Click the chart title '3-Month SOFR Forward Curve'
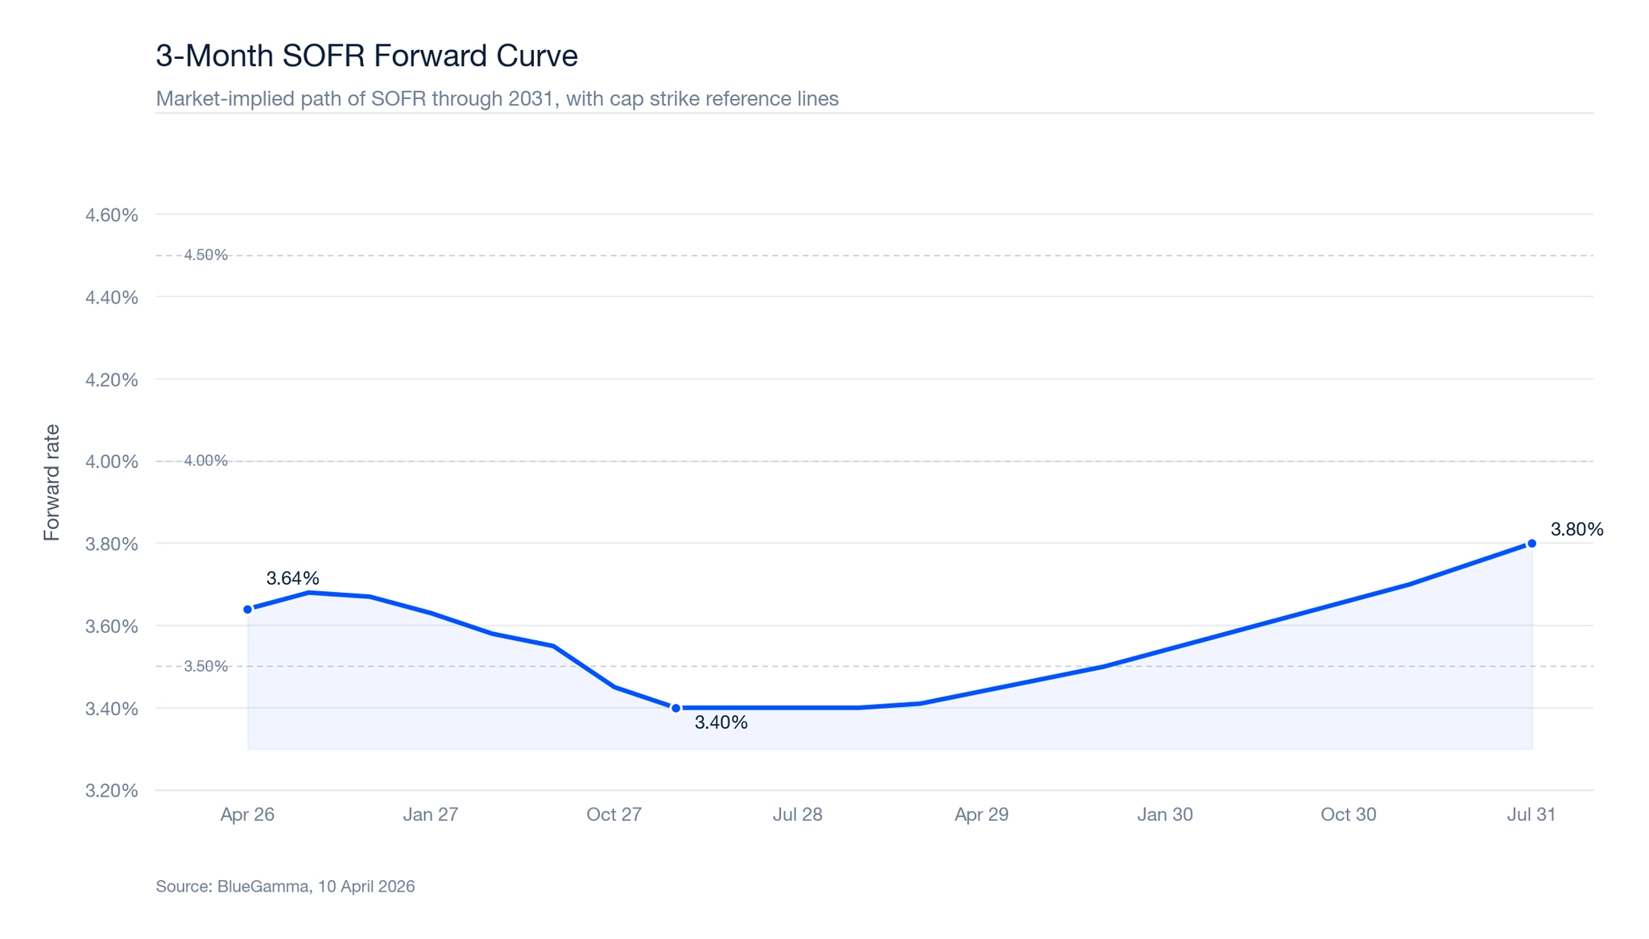coord(366,56)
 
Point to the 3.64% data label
coord(292,578)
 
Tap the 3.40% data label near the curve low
coord(721,723)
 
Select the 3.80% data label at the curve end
coord(1577,530)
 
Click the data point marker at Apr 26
coord(248,610)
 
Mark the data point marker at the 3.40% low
coord(676,709)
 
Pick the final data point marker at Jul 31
coord(1531,544)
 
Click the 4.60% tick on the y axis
coord(112,215)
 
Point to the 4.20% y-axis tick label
coord(112,380)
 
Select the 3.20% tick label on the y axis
coord(112,791)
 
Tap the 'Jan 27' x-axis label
coord(431,815)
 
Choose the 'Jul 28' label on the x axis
coord(797,815)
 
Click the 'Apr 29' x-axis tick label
coord(982,815)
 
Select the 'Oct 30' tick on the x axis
coord(1348,815)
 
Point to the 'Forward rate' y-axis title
coord(52,482)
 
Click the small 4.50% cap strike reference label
coord(206,255)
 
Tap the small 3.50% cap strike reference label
coord(206,667)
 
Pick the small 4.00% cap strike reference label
coord(206,461)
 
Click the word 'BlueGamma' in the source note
coord(263,887)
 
